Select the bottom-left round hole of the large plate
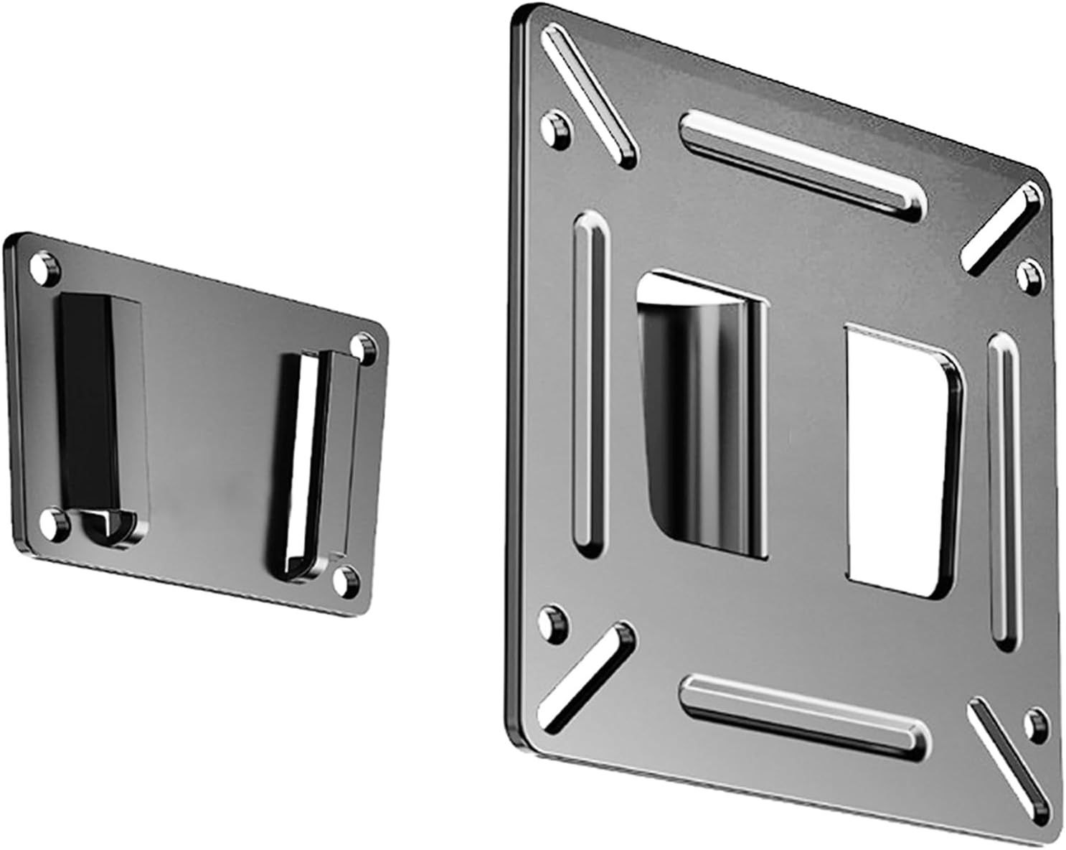click(552, 621)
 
